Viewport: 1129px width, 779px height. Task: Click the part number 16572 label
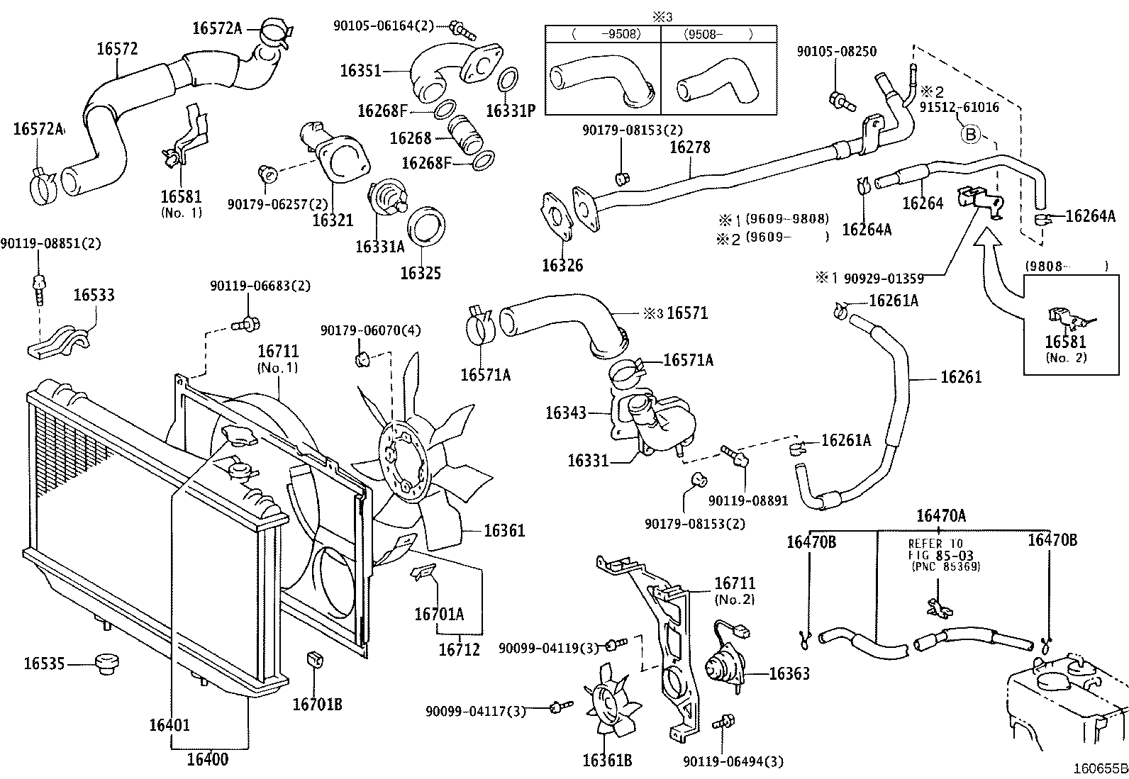117,48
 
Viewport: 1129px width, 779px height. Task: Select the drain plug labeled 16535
107,664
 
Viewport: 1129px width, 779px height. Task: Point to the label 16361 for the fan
504,530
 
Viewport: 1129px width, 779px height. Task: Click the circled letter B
970,133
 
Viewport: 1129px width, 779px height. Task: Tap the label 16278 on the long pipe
689,147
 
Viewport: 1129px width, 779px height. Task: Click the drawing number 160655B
1099,768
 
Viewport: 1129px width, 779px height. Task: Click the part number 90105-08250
836,51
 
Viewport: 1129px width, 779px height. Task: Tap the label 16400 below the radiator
208,759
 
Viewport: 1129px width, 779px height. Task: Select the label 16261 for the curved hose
961,376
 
